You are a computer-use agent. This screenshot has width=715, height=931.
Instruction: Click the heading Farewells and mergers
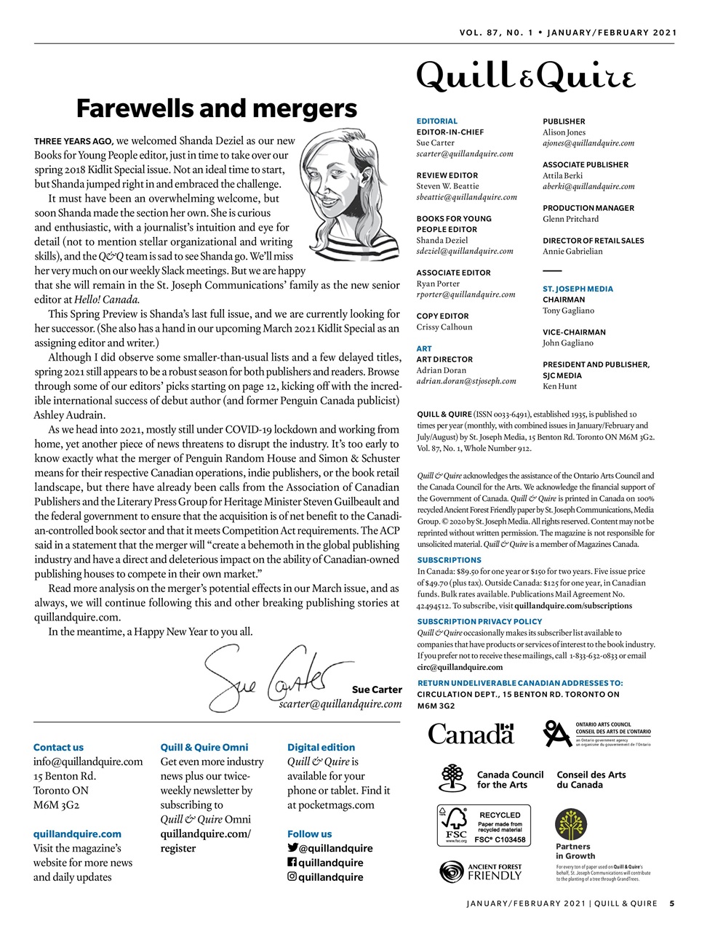pyautogui.click(x=217, y=108)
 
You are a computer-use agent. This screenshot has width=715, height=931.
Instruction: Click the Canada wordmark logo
pyautogui.click(x=471, y=733)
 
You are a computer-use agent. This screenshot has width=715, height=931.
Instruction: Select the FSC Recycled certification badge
pyautogui.click(x=484, y=825)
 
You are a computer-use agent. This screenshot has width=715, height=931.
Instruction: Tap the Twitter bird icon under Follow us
pyautogui.click(x=292, y=847)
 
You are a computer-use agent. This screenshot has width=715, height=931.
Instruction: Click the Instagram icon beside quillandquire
pyautogui.click(x=292, y=876)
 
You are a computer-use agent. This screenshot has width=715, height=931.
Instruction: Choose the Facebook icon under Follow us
pyautogui.click(x=292, y=862)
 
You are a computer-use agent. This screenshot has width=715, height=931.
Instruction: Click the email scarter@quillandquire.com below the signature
pyautogui.click(x=340, y=704)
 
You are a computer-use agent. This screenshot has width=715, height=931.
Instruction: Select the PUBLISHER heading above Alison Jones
pyautogui.click(x=564, y=121)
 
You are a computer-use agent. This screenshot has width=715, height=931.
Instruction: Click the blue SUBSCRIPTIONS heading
pyautogui.click(x=449, y=560)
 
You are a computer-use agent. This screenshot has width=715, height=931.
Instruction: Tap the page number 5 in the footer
pyautogui.click(x=672, y=904)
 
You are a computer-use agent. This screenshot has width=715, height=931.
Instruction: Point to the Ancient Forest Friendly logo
pyautogui.click(x=481, y=871)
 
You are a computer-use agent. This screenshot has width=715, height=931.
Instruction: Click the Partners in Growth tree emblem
pyautogui.click(x=571, y=824)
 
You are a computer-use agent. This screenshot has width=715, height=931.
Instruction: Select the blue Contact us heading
pyautogui.click(x=58, y=747)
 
